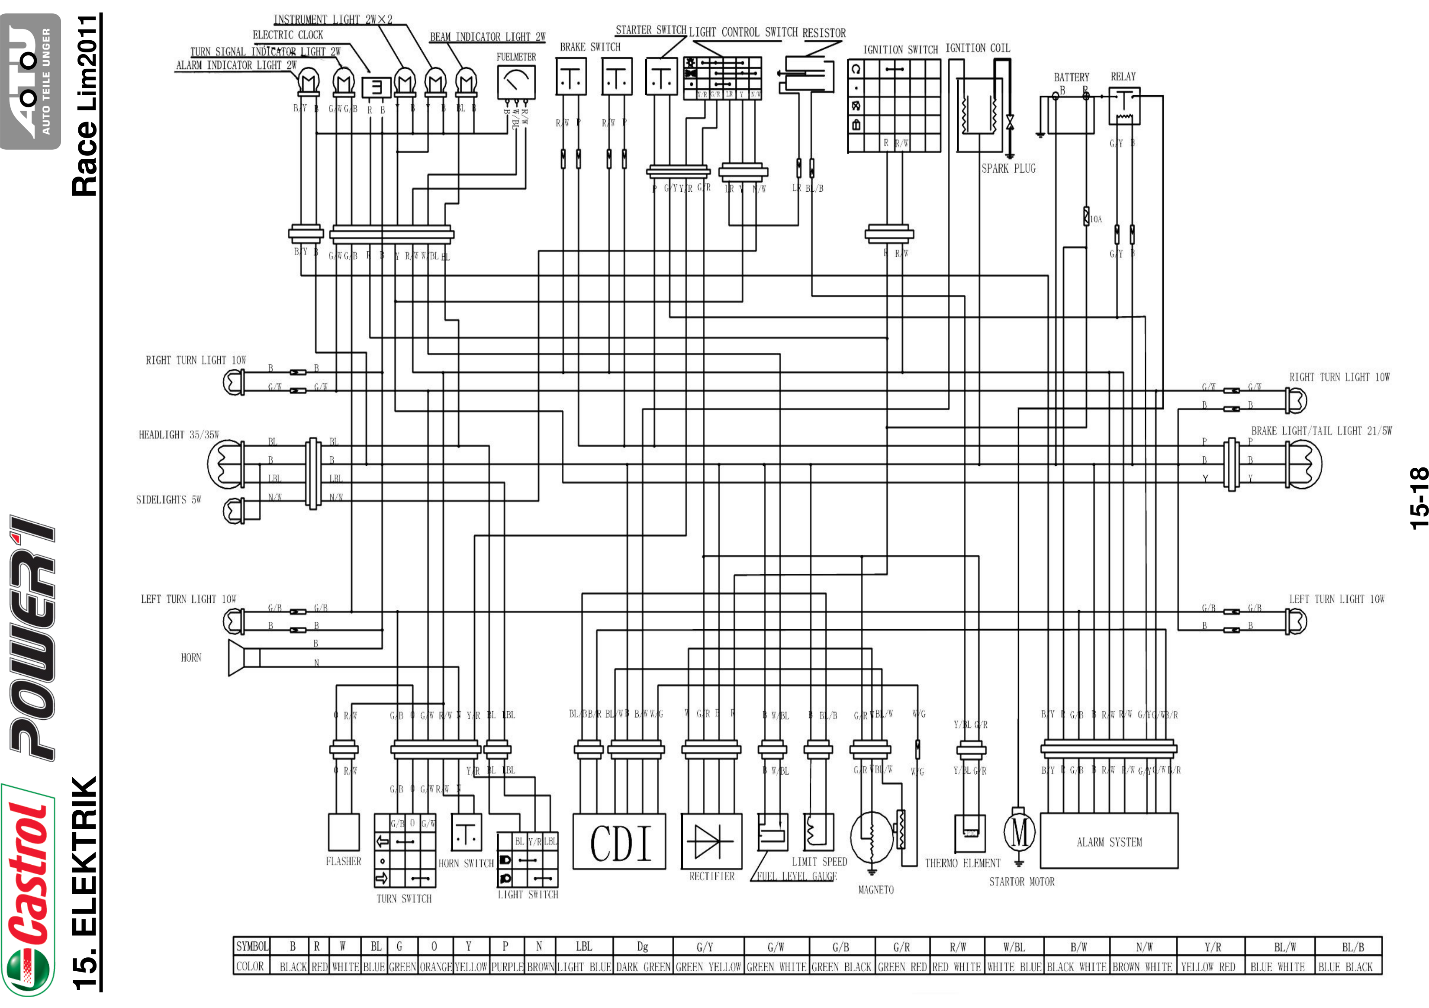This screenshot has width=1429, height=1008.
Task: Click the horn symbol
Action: [243, 657]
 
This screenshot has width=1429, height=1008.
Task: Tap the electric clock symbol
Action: [377, 87]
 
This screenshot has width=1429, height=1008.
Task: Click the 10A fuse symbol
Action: [1087, 217]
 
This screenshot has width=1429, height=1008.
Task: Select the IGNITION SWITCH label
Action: [900, 50]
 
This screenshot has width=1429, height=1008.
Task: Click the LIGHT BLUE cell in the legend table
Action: [584, 967]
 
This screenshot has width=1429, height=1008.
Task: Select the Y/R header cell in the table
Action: [1212, 947]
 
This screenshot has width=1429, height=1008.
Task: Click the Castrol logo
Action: [28, 890]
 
